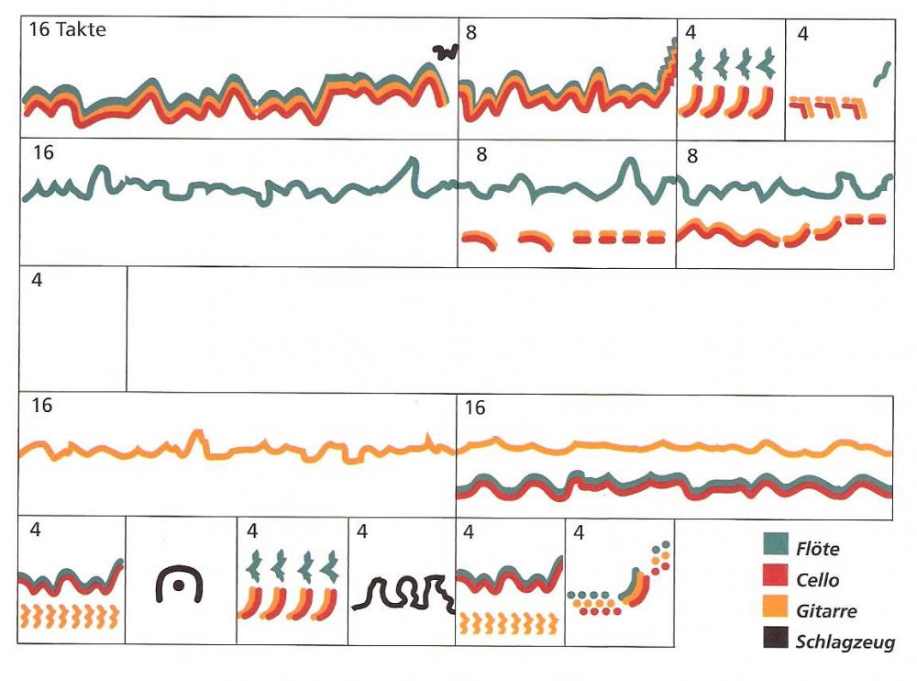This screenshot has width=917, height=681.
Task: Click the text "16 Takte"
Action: (67, 30)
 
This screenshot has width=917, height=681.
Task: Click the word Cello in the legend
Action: (818, 580)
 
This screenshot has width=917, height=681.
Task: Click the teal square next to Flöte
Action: (776, 548)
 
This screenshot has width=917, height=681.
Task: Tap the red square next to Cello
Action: (776, 578)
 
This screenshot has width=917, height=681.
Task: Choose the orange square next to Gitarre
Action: (776, 609)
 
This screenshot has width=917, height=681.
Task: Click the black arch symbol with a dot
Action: (179, 584)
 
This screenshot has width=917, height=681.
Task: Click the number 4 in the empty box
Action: (37, 280)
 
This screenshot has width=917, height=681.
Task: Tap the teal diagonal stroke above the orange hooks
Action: (881, 73)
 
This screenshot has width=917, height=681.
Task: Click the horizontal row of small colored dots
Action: (594, 602)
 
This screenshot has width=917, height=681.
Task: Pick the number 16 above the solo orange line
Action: (42, 405)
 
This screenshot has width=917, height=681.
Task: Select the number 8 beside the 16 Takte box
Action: (471, 33)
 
